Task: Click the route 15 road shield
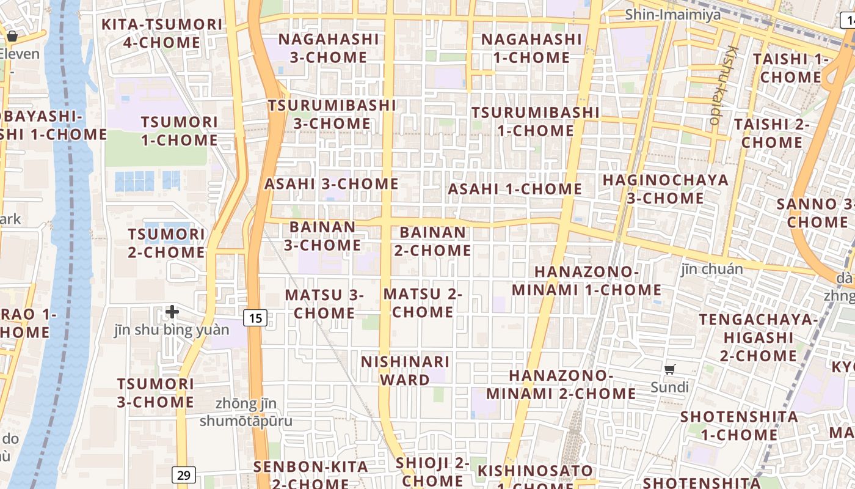click(x=255, y=318)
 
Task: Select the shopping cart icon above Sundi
click(x=670, y=369)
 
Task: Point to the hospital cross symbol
click(x=172, y=312)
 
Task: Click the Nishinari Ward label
click(x=405, y=370)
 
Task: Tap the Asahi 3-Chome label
click(x=331, y=183)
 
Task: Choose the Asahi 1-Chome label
click(x=515, y=189)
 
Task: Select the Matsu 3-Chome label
click(x=324, y=304)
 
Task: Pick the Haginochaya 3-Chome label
click(x=665, y=189)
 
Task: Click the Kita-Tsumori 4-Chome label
click(x=162, y=34)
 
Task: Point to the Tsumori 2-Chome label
click(x=166, y=243)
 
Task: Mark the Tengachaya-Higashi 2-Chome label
click(x=759, y=337)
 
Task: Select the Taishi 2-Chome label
click(x=771, y=133)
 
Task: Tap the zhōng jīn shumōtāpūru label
click(x=246, y=413)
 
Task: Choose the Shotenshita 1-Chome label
click(x=739, y=426)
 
